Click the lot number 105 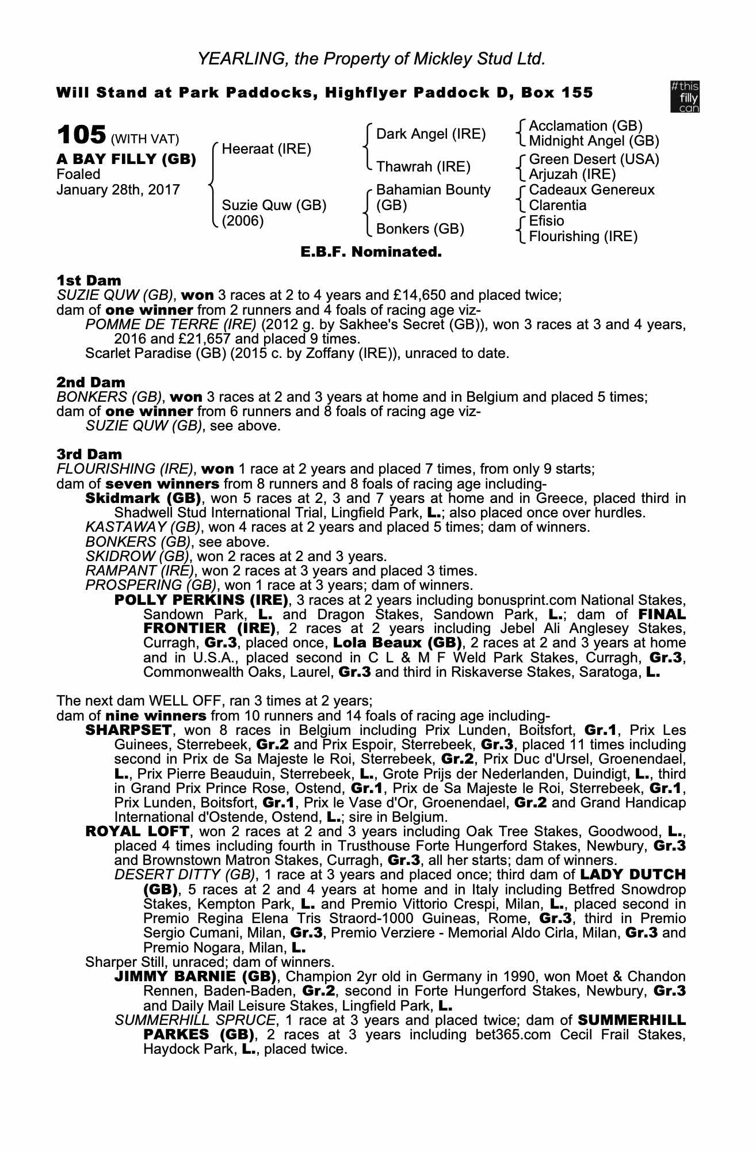[81, 135]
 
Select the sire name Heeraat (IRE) [266, 150]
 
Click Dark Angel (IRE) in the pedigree [430, 135]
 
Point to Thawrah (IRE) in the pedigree [423, 167]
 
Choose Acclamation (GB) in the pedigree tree [585, 126]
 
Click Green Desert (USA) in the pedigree [594, 159]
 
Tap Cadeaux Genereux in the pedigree [591, 190]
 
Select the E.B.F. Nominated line [371, 252]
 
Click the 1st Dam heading [89, 281]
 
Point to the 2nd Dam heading [90, 382]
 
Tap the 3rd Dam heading [89, 455]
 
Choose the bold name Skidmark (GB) [143, 498]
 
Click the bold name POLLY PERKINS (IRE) [201, 600]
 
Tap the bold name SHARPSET [128, 731]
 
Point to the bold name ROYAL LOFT [137, 832]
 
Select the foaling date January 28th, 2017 [118, 190]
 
